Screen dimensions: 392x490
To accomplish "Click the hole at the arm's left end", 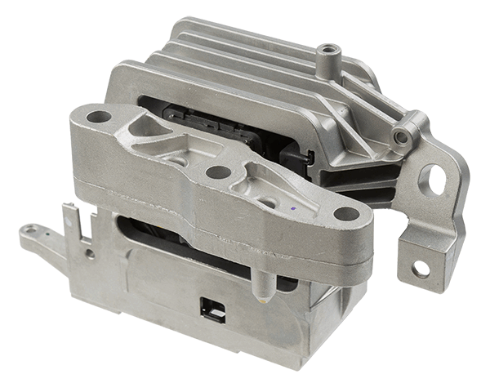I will pyautogui.click(x=99, y=117).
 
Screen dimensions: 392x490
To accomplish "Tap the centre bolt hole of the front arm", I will pyautogui.click(x=217, y=172).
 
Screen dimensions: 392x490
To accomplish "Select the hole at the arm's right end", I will pyautogui.click(x=345, y=214).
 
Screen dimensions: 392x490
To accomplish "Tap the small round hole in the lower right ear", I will pyautogui.click(x=421, y=268).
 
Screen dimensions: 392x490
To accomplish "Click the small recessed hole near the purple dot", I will pyautogui.click(x=266, y=201).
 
